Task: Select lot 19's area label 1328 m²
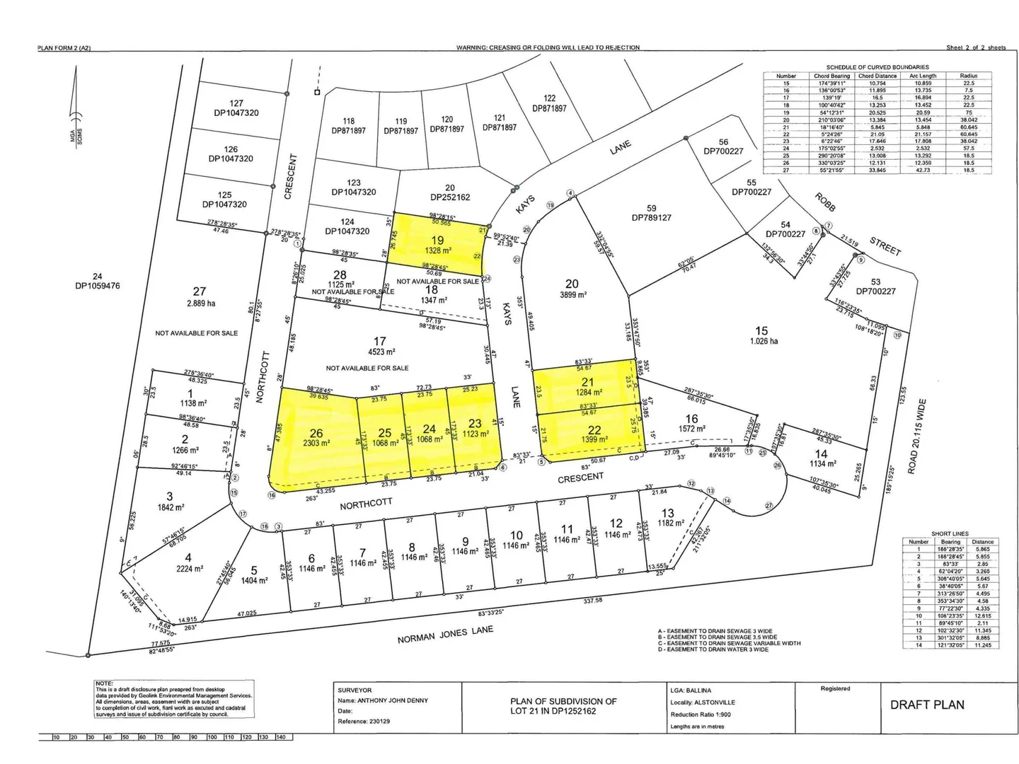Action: click(x=437, y=250)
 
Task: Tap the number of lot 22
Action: click(x=594, y=429)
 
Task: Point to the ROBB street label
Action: click(x=825, y=202)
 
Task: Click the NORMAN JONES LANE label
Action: click(x=445, y=634)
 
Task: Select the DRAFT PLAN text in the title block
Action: click(x=927, y=705)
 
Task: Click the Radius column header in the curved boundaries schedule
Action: click(x=969, y=76)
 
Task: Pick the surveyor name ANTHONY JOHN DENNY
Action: click(x=392, y=700)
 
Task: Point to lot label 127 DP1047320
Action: click(x=236, y=108)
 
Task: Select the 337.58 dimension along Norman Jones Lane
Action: click(x=592, y=601)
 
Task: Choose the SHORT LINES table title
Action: click(x=950, y=534)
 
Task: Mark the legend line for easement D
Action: click(x=713, y=649)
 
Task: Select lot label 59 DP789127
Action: click(x=652, y=213)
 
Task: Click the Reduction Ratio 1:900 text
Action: click(x=701, y=714)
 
